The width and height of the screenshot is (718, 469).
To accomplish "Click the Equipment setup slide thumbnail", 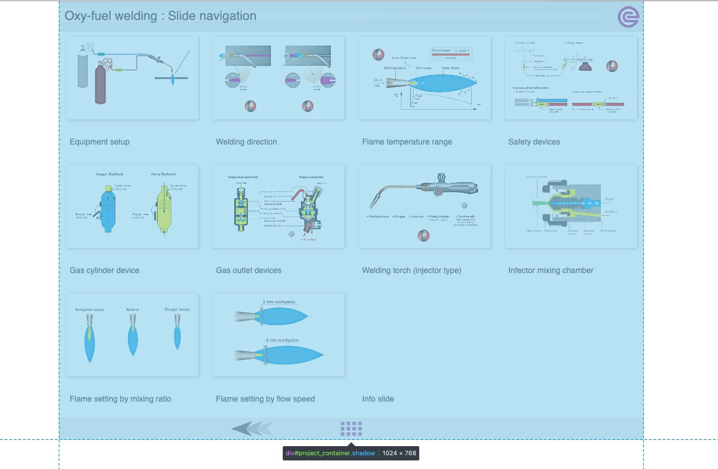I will pos(132,78).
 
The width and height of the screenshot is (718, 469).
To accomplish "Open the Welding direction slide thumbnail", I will pos(278,78).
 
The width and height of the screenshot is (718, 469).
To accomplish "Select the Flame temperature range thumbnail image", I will pos(424,78).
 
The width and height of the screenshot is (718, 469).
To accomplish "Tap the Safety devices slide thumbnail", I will pos(571,78).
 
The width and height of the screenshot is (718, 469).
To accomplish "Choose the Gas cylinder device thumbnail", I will pos(132,206).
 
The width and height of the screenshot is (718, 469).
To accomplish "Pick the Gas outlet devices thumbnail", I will pos(278,206).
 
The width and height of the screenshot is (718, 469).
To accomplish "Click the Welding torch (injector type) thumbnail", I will pos(424,206).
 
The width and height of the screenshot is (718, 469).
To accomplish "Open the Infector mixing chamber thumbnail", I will pos(571,206).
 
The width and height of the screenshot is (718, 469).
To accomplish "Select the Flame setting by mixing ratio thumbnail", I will pos(132,335).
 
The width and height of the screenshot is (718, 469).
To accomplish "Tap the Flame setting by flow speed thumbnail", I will pos(278,335).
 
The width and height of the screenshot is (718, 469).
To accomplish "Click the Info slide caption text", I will pos(378,399).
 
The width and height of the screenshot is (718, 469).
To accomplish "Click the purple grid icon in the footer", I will pos(351,428).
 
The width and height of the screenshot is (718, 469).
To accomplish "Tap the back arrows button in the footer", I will pos(252,428).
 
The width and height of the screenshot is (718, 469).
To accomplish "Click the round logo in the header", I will pos(628,17).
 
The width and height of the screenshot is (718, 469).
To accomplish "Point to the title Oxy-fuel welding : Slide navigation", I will pos(161,16).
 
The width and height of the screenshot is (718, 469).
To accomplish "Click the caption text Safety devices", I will pos(534,142).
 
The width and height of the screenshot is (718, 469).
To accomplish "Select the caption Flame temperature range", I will pos(407,142).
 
